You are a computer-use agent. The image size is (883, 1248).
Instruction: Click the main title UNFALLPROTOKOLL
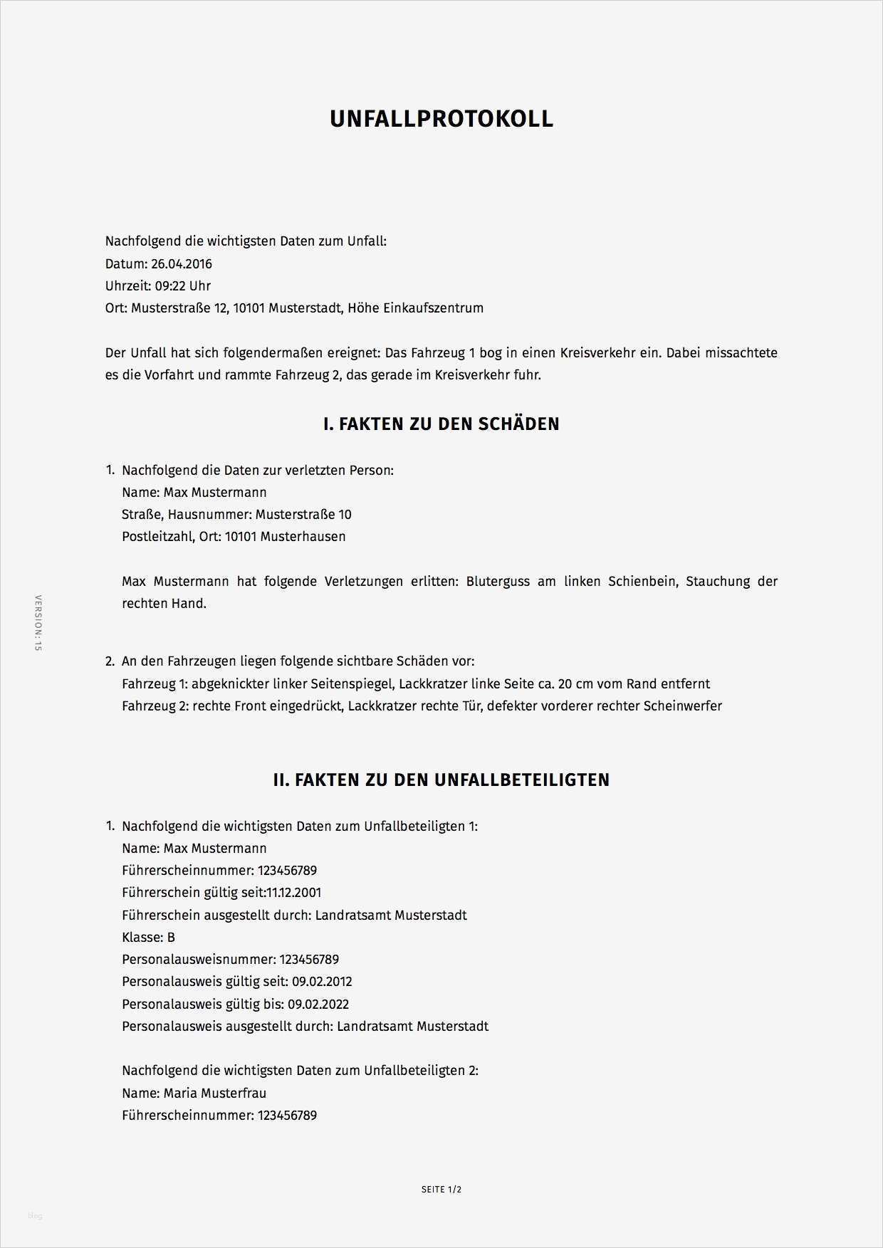coord(441,119)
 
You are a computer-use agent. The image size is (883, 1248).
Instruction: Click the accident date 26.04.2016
coord(181,264)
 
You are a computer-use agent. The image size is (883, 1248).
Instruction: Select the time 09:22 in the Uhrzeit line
coord(170,286)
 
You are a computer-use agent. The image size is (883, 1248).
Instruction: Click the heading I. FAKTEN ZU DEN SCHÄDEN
coord(441,424)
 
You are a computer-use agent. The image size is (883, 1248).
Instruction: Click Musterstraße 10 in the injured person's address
coord(303,515)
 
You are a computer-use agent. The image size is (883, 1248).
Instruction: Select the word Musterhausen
coord(303,537)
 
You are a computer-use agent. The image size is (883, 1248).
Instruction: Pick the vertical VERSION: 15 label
coord(38,623)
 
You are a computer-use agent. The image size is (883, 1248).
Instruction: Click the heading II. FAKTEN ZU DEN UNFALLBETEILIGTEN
coord(441,780)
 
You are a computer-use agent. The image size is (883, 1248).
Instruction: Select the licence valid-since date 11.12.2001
coord(293,893)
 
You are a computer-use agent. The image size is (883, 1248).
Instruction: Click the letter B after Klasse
coord(171,938)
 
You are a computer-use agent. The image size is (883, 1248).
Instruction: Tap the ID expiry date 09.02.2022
coord(318,1005)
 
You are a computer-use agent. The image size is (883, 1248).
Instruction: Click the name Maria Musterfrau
coord(214,1094)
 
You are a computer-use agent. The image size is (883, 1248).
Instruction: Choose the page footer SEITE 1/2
coord(441,1190)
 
